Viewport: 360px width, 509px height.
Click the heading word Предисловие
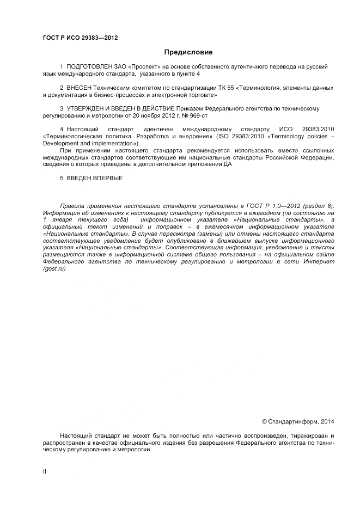(188, 52)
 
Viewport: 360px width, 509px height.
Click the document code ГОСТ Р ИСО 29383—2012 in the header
(80, 38)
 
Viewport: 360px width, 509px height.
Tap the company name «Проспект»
(144, 66)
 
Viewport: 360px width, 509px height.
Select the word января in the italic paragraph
(68, 219)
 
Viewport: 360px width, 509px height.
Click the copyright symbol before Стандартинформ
(264, 421)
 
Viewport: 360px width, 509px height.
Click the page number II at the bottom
(44, 472)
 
